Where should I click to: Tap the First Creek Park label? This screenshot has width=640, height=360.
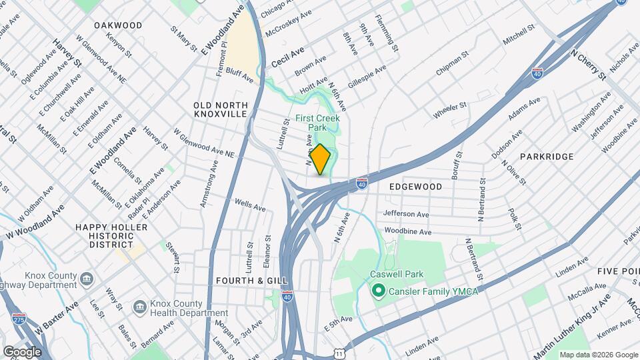coord(318,123)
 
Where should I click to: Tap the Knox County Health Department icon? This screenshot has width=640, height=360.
coord(140,306)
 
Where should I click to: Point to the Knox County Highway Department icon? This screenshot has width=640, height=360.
coord(86,277)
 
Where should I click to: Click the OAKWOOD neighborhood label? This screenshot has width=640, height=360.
coord(118,25)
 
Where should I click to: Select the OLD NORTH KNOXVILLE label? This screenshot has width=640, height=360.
coord(221,110)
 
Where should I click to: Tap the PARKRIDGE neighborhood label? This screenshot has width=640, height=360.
coord(547,157)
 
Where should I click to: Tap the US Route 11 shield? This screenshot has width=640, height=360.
coord(341,351)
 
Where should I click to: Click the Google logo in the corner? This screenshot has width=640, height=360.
coord(21,351)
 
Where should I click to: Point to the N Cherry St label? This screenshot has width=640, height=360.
coord(588,64)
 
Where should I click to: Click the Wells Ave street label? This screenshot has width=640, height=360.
coord(250,205)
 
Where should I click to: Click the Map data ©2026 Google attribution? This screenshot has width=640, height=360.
coord(598,355)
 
